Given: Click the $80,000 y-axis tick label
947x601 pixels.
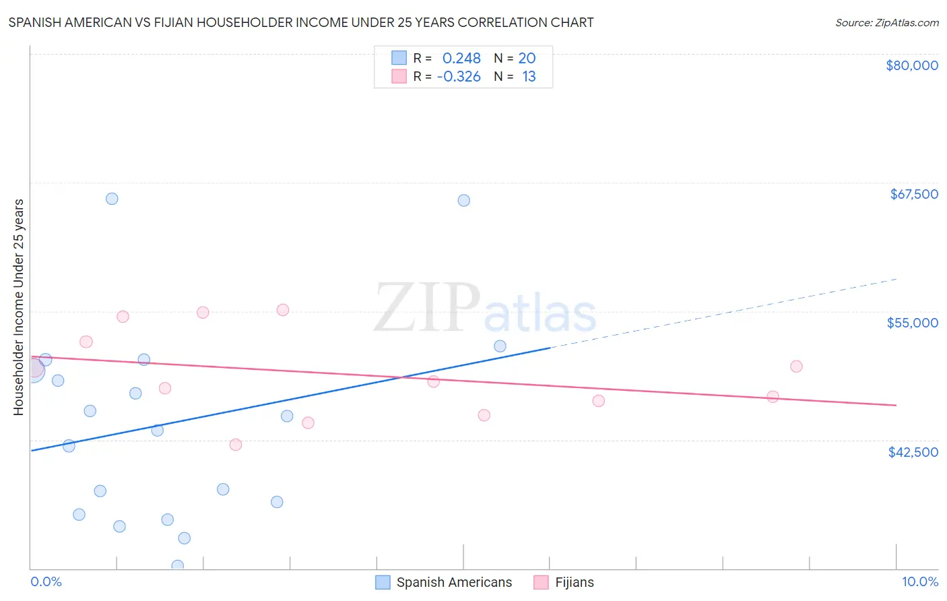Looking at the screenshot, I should [911, 65].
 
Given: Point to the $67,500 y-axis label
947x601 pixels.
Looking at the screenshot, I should [913, 194].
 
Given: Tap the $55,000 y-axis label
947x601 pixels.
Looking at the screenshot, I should [912, 323].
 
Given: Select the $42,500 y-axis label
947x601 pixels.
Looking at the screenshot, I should [913, 452].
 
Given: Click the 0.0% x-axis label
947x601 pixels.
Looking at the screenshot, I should [46, 581].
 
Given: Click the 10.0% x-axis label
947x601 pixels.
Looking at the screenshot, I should [919, 581].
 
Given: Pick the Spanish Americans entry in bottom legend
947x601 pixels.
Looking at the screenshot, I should [453, 582].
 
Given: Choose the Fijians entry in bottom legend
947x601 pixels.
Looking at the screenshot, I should [574, 582].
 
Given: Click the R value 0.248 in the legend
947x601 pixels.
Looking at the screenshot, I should [461, 59].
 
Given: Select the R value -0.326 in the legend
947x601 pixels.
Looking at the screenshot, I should [459, 77].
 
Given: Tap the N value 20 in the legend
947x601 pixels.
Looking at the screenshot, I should [527, 59].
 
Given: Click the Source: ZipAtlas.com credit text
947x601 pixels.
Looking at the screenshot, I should [886, 23].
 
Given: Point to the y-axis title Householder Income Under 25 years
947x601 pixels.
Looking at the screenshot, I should [18, 307].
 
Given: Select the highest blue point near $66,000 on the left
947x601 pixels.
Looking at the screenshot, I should [112, 199].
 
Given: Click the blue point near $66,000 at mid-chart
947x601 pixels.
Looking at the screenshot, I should [463, 201].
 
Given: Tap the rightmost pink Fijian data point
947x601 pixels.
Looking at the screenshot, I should [796, 367].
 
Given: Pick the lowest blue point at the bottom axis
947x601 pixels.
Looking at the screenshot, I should [178, 566].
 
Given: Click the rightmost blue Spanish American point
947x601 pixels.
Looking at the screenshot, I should [500, 346].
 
